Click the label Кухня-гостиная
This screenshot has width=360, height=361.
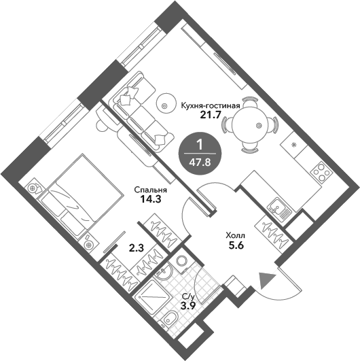(211, 106)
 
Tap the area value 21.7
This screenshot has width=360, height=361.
(211, 115)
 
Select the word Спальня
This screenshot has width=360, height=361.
(151, 190)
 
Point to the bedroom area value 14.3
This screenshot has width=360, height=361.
(150, 199)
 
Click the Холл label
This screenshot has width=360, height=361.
(236, 236)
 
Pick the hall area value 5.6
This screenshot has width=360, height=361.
(236, 246)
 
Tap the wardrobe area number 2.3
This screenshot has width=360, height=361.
(136, 248)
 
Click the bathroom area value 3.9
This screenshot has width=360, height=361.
(188, 306)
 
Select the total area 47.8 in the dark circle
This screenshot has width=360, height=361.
(200, 162)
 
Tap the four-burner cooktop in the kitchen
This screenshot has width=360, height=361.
(321, 172)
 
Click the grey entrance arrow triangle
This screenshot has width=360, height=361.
(267, 280)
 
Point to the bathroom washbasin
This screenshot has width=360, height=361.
(162, 273)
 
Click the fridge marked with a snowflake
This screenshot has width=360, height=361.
(293, 145)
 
